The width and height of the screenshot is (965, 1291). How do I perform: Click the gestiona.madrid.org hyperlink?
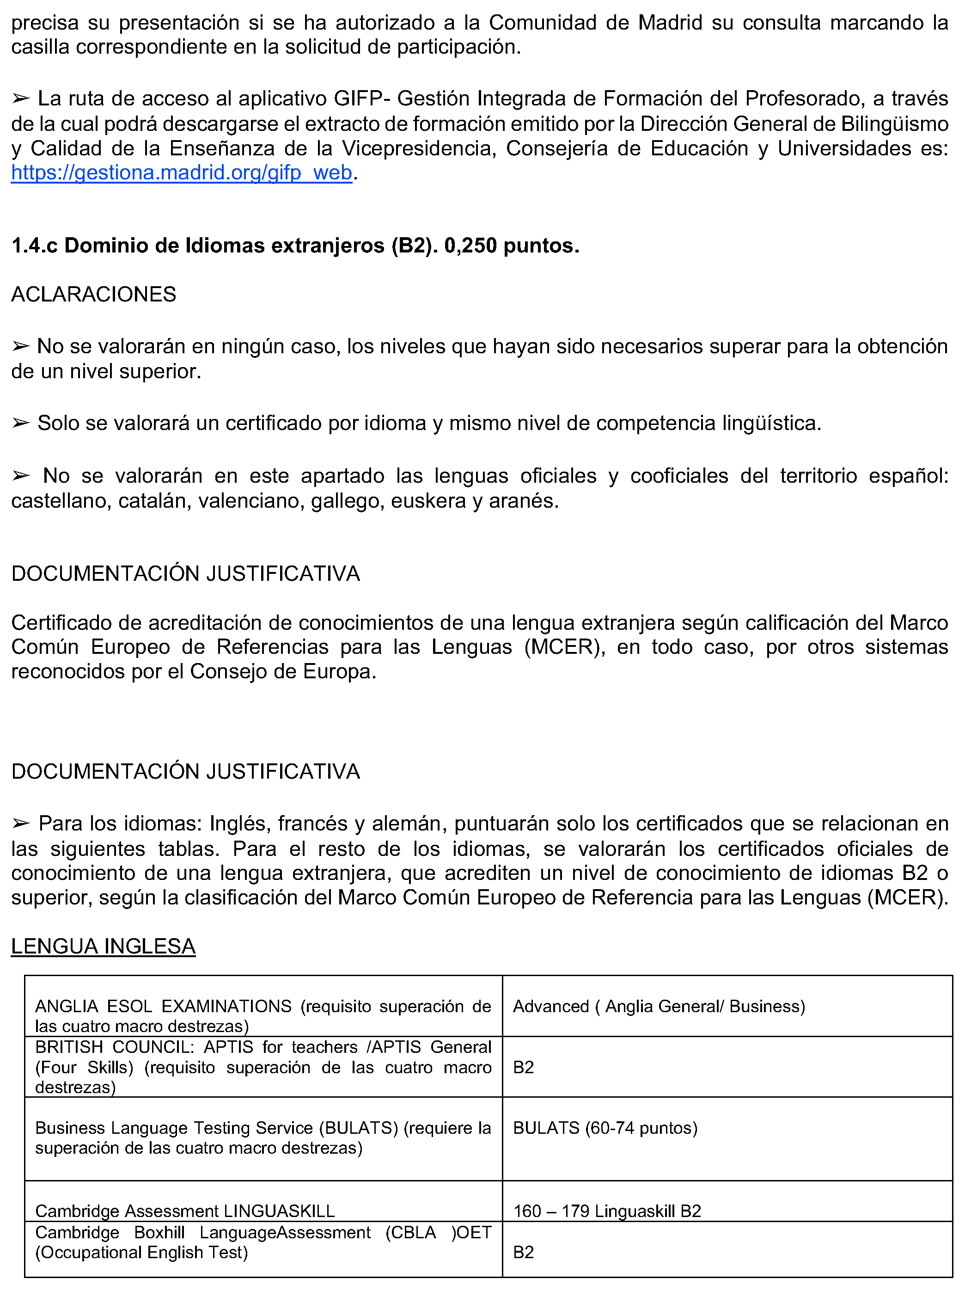coord(182,173)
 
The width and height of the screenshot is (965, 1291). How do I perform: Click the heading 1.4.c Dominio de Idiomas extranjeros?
coord(295,246)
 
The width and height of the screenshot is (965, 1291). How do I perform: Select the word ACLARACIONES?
coord(93,294)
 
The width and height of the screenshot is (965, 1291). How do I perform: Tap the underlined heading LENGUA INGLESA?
coord(103,946)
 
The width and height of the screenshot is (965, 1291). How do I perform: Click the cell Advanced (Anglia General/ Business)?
coord(659,1006)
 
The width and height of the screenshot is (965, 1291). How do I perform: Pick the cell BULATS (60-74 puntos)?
coord(605,1128)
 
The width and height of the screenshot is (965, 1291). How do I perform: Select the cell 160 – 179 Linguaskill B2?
coord(607,1211)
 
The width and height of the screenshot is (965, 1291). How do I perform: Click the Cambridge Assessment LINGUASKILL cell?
coord(185,1211)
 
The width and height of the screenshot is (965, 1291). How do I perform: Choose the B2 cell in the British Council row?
coord(523,1067)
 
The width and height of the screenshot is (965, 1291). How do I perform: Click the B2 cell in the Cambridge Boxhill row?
coord(523,1252)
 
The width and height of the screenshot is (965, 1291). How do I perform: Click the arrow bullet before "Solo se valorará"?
coord(21,424)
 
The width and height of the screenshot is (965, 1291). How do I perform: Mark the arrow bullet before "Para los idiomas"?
coord(21,824)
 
